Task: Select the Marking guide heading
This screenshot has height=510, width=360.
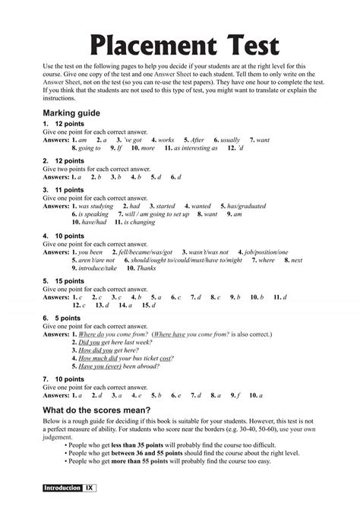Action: pyautogui.click(x=73, y=112)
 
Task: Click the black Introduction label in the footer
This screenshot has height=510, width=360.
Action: pyautogui.click(x=62, y=486)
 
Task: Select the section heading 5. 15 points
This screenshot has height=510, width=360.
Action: pyautogui.click(x=65, y=280)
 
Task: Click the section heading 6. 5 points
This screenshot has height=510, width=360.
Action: pyautogui.click(x=62, y=318)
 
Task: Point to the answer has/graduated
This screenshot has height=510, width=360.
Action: pyautogui.click(x=247, y=206)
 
